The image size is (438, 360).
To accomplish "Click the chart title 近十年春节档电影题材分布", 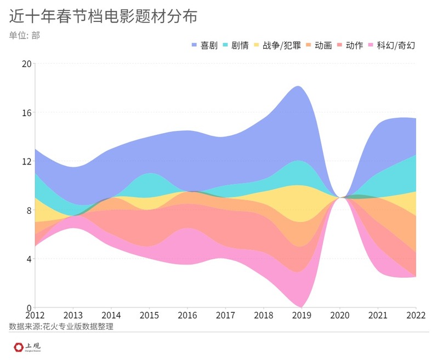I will point(103,16).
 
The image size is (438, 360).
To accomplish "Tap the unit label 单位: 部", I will point(25,36).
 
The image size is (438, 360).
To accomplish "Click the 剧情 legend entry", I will point(236,45).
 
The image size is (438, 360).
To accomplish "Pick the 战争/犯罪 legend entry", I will point(275,45).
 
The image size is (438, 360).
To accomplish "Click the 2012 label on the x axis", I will point(35,316).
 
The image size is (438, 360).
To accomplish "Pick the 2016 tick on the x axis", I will point(187,316).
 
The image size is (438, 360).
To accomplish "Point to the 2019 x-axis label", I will point(302,316).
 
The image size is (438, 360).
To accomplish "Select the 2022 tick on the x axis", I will point(415,316).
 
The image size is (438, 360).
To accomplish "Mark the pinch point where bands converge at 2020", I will point(340,197).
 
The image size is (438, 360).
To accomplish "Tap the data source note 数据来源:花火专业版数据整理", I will point(64,327).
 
